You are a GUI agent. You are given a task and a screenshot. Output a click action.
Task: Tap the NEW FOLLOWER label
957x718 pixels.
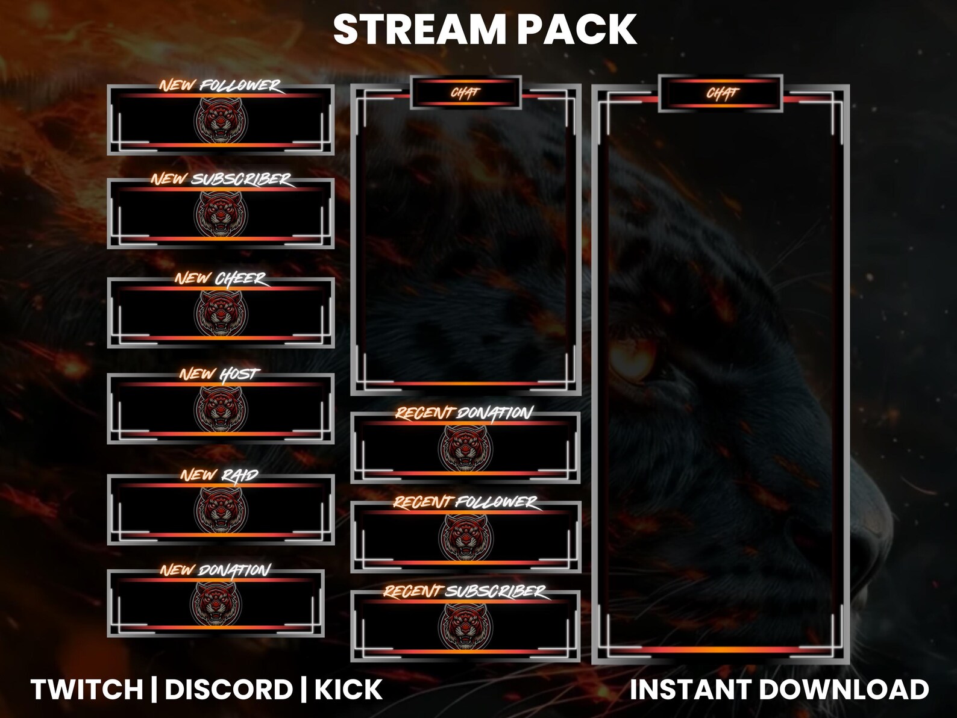coord(220,86)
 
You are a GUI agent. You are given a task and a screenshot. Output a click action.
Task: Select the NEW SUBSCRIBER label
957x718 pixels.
coord(221,179)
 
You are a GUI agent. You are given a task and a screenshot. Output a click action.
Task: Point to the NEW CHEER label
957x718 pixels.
coord(221,278)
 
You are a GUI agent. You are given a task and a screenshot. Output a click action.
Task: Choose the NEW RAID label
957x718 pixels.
coord(219,475)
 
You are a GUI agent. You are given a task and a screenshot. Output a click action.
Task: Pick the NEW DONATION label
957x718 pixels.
coord(215,570)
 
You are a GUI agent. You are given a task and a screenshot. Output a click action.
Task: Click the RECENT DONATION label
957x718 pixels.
coord(464,413)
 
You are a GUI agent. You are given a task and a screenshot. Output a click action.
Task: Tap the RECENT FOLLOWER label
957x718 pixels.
coord(465,502)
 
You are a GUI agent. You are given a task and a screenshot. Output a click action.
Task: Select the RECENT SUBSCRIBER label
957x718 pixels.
coord(465,592)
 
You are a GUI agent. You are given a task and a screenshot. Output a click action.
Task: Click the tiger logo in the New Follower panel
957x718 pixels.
coord(221,120)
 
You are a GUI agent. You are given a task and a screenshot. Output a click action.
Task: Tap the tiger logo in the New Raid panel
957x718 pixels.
coord(221,510)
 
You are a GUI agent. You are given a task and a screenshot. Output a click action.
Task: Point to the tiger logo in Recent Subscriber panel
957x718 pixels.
coord(465,626)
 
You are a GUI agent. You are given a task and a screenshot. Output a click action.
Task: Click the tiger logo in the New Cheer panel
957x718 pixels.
coord(221,313)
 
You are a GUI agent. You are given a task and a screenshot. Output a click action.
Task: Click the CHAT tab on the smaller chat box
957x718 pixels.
coord(465,93)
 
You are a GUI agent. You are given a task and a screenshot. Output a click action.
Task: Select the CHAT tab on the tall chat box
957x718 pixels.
coord(721,93)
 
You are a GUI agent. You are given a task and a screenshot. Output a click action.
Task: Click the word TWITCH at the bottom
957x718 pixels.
coord(87,690)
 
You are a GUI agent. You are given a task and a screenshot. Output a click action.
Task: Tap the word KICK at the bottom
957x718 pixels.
coord(348,690)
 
